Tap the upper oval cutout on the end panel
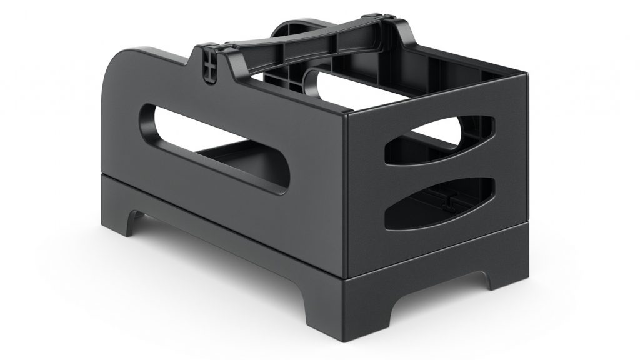pos(437,141)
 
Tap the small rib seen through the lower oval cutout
pos(447,200)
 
